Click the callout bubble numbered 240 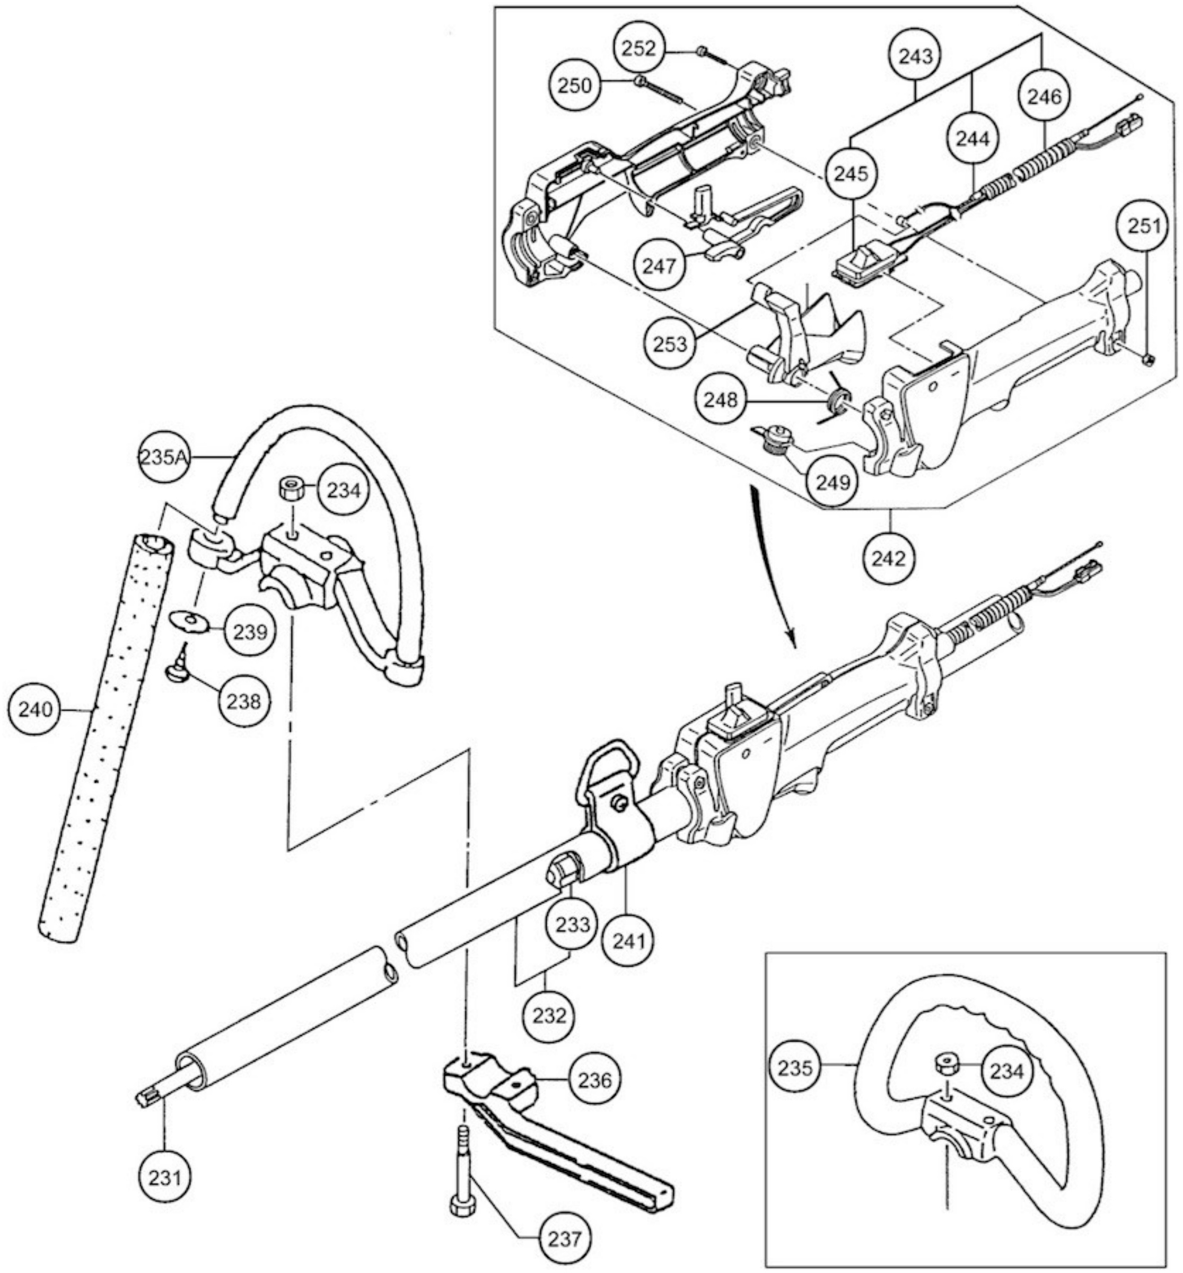(37, 710)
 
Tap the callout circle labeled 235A (165, 457)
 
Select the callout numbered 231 (164, 1177)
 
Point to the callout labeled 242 (889, 559)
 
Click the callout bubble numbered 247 (659, 264)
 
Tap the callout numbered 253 (669, 343)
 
